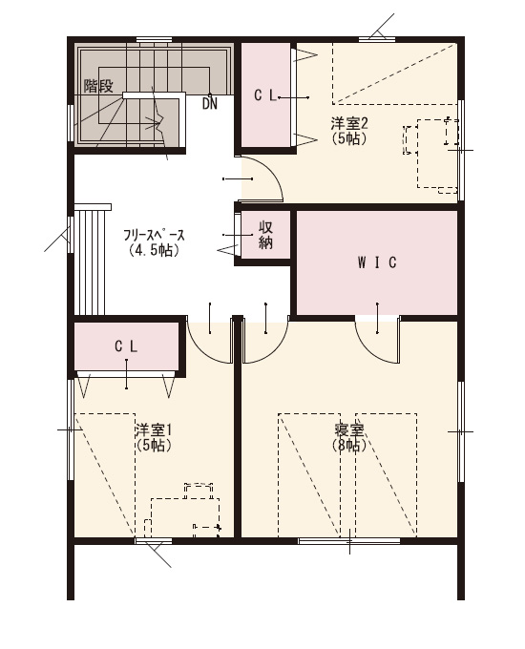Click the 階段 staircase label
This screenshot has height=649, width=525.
tap(98, 86)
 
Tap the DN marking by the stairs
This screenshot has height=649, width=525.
tap(210, 103)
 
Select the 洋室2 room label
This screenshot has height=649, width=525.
tap(349, 123)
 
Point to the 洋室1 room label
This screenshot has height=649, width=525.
tap(153, 430)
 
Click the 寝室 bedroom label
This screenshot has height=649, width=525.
tap(349, 430)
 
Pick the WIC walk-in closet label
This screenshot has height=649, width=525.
tap(377, 262)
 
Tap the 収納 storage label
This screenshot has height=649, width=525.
tap(265, 235)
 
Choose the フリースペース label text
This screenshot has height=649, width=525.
tap(154, 236)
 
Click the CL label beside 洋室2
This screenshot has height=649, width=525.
tap(265, 96)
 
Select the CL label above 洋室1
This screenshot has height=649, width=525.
tap(126, 346)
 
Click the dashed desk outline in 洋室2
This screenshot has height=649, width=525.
tap(437, 154)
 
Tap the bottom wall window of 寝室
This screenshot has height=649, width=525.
tap(349, 541)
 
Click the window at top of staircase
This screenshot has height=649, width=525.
tap(154, 40)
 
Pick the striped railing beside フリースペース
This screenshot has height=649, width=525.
tap(90, 260)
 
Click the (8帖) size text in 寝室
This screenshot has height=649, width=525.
tap(349, 446)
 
